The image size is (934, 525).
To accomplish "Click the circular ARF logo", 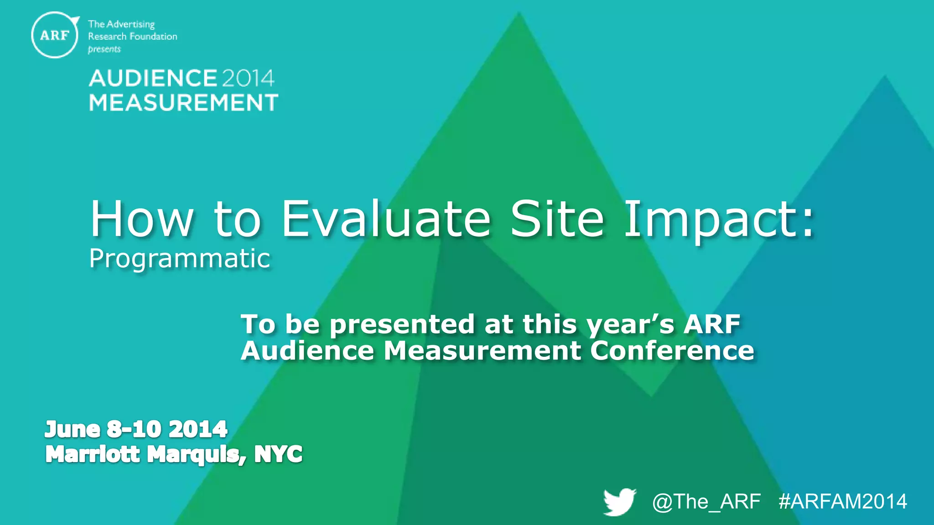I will pyautogui.click(x=55, y=35).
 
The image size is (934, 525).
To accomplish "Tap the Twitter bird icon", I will pyautogui.click(x=619, y=502).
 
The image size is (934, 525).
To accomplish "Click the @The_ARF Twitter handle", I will pyautogui.click(x=706, y=502).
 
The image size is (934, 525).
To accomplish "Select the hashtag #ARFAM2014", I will pyautogui.click(x=843, y=502).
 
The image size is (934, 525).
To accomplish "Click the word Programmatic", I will pyautogui.click(x=180, y=259).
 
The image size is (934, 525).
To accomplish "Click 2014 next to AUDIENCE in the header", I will pyautogui.click(x=248, y=78).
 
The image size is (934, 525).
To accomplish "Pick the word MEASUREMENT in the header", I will pyautogui.click(x=183, y=103).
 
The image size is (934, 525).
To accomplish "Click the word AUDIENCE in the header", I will pyautogui.click(x=153, y=78).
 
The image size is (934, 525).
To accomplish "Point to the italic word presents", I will pyautogui.click(x=104, y=49).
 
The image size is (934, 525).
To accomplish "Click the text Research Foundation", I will pyautogui.click(x=132, y=36).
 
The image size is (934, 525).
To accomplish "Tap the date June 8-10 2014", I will pyautogui.click(x=136, y=429).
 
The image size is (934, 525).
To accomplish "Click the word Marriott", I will pyautogui.click(x=93, y=454).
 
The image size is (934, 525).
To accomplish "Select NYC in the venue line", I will pyautogui.click(x=278, y=454).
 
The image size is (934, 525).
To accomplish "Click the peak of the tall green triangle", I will pyautogui.click(x=519, y=15).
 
